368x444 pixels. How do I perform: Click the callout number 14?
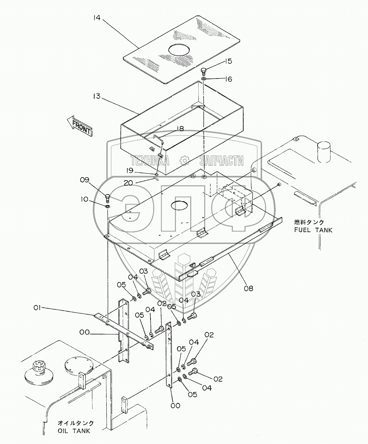96,17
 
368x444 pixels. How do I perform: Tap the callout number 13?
96,97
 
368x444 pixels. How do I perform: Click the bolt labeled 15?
204,70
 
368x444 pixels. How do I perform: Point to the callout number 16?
228,79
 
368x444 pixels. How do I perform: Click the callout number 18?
179,129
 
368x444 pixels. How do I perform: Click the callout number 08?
249,289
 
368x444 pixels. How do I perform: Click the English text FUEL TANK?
313,230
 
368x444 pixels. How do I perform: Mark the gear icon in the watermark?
184,160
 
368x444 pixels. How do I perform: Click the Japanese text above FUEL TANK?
309,222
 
